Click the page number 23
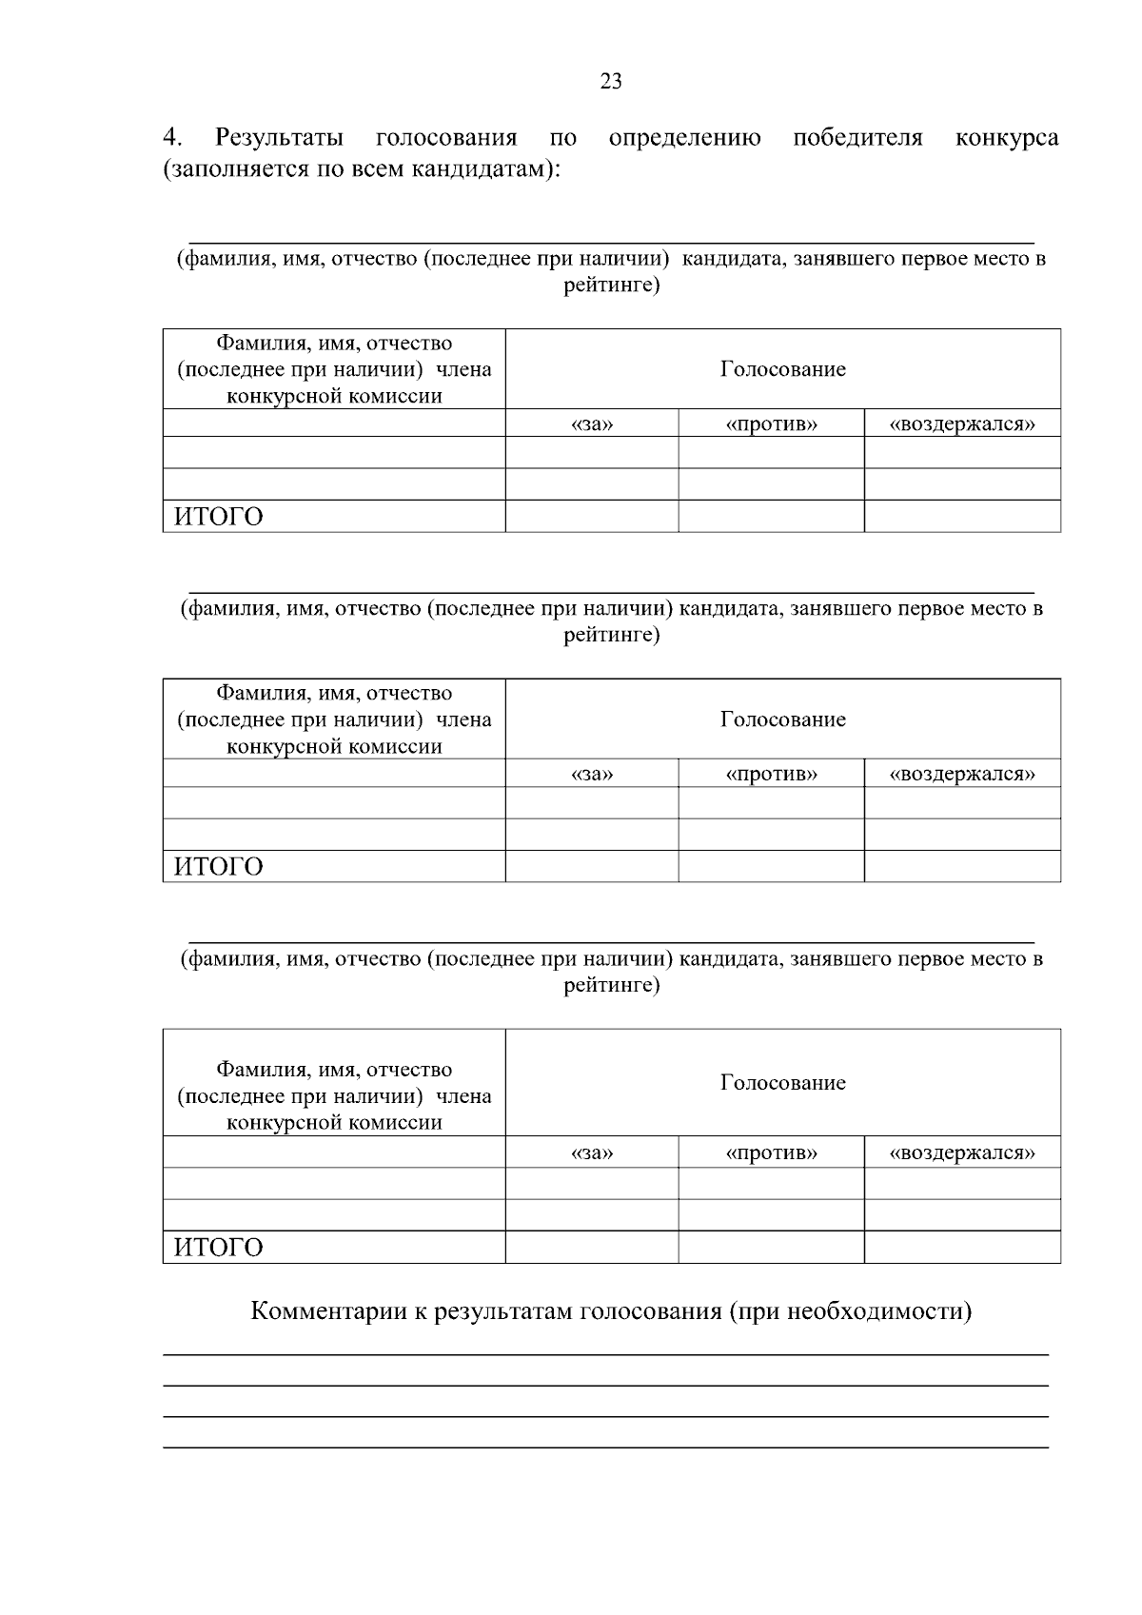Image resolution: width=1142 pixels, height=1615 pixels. click(x=611, y=81)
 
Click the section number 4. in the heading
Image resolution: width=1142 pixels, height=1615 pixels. click(x=172, y=138)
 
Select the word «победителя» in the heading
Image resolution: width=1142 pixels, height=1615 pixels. click(x=857, y=138)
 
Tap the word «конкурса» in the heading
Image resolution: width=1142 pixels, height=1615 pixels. click(x=1006, y=138)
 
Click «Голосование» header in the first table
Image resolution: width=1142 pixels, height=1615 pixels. click(x=782, y=369)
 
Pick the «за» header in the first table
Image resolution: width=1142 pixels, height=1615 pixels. click(x=592, y=424)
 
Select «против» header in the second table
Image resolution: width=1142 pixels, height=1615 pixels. click(x=771, y=774)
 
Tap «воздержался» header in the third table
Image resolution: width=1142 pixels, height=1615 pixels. click(x=962, y=1153)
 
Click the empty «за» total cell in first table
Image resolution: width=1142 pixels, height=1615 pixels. click(x=592, y=516)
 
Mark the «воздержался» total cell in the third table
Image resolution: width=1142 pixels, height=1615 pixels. click(x=962, y=1247)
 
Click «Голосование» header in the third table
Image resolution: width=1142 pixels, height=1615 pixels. click(x=782, y=1083)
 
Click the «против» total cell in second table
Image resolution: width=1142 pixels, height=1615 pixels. click(x=771, y=866)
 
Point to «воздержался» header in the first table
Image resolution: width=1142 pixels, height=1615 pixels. click(x=962, y=424)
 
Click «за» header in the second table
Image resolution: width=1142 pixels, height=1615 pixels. click(x=592, y=774)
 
